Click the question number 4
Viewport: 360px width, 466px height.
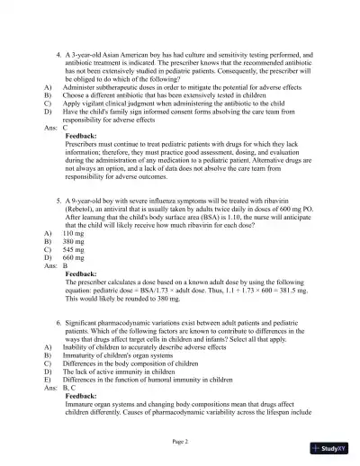(x=58, y=54)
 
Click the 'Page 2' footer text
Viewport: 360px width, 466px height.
(x=181, y=442)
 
